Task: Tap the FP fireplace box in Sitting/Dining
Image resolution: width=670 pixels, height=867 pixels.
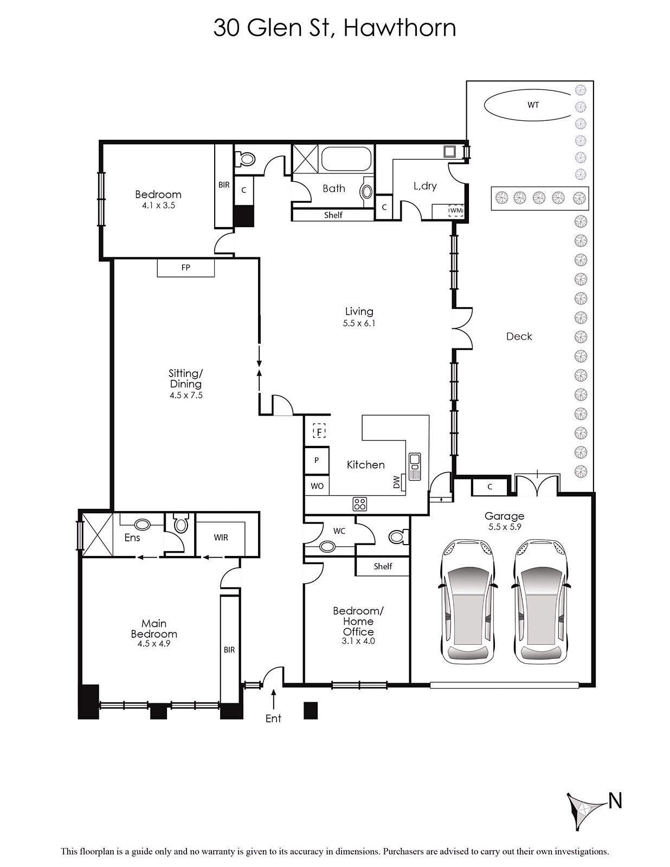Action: click(185, 267)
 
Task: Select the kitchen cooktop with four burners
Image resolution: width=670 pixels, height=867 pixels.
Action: click(359, 504)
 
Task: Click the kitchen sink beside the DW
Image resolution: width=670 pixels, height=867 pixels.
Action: click(415, 467)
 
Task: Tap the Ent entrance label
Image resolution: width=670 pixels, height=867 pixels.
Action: click(273, 718)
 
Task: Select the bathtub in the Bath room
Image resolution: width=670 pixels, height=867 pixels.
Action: click(346, 159)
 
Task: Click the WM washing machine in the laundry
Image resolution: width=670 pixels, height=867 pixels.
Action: click(456, 210)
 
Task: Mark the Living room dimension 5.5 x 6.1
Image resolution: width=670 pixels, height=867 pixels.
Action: click(359, 323)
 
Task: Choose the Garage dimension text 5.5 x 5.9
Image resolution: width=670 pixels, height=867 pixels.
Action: click(505, 527)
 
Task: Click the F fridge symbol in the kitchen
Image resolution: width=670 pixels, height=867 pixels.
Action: click(320, 431)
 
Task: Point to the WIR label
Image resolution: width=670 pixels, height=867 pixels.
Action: click(221, 538)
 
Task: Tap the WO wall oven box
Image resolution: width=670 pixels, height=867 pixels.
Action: click(317, 486)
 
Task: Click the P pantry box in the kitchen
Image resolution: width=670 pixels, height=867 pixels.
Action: click(317, 460)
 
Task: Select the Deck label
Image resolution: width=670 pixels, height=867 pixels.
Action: click(519, 337)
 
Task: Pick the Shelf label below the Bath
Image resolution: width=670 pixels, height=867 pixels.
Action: click(333, 215)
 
